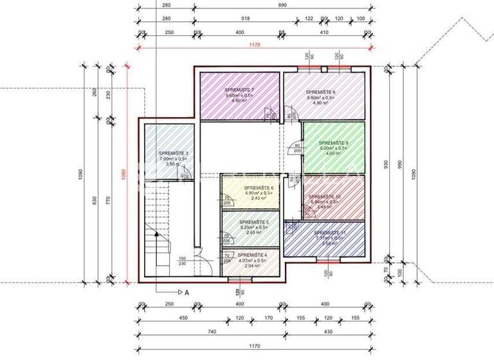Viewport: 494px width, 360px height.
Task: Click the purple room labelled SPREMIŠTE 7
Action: (239, 96)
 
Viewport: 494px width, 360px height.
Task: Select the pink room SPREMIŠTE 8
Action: (325, 96)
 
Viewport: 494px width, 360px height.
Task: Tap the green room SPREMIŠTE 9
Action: (333, 148)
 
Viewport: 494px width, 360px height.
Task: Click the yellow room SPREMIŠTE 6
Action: (251, 193)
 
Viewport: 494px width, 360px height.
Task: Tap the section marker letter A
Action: (187, 292)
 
